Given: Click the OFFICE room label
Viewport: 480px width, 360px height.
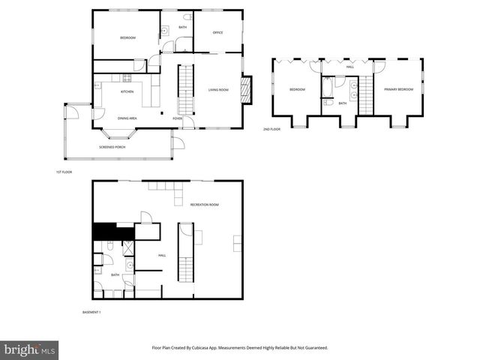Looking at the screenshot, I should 218,32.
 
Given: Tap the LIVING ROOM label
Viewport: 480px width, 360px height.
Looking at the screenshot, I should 218,90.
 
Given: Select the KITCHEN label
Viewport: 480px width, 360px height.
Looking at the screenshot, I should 127,92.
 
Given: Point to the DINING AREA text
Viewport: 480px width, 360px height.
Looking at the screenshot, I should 127,118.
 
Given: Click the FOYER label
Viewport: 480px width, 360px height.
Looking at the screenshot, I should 178,118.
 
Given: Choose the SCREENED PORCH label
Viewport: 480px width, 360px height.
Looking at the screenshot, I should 112,147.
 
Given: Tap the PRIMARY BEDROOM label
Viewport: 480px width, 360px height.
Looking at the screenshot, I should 398,89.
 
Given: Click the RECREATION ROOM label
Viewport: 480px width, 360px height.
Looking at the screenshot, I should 204,205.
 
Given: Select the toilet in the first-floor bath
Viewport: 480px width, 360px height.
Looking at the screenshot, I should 187,16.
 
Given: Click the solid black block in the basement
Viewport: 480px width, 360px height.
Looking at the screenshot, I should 103,232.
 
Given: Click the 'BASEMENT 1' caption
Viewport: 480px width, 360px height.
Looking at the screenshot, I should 91,312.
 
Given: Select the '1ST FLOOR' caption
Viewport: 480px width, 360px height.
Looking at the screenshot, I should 64,172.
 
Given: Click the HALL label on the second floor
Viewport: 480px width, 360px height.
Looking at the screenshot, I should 349,67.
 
